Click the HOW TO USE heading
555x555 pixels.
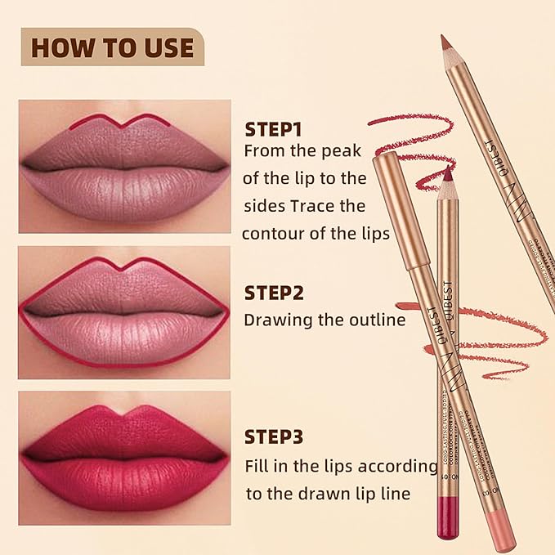tap(112, 47)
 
